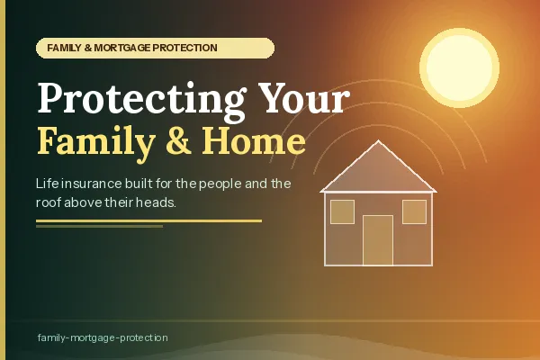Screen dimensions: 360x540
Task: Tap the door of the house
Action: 378,240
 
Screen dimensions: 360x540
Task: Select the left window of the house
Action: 342,211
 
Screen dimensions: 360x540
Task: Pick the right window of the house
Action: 414,211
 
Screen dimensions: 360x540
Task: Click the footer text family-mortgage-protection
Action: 103,337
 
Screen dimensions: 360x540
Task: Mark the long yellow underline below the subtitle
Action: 148,220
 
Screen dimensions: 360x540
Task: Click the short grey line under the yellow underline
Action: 99,226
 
